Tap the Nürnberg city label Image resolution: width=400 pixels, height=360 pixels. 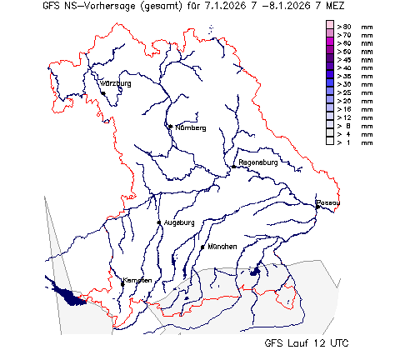[190, 127]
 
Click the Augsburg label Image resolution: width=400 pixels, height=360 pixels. [179, 222]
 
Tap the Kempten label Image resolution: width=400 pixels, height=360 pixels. [137, 280]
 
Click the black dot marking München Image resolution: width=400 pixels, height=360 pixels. [202, 247]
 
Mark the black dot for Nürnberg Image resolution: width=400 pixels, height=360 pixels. [170, 127]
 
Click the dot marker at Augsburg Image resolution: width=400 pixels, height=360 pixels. [159, 222]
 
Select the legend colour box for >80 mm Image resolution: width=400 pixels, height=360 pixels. [330, 27]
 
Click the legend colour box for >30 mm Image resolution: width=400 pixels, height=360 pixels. [330, 84]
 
